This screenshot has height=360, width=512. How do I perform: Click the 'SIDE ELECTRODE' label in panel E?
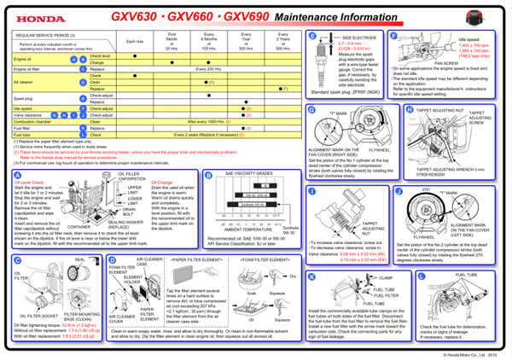pos(359,38)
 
